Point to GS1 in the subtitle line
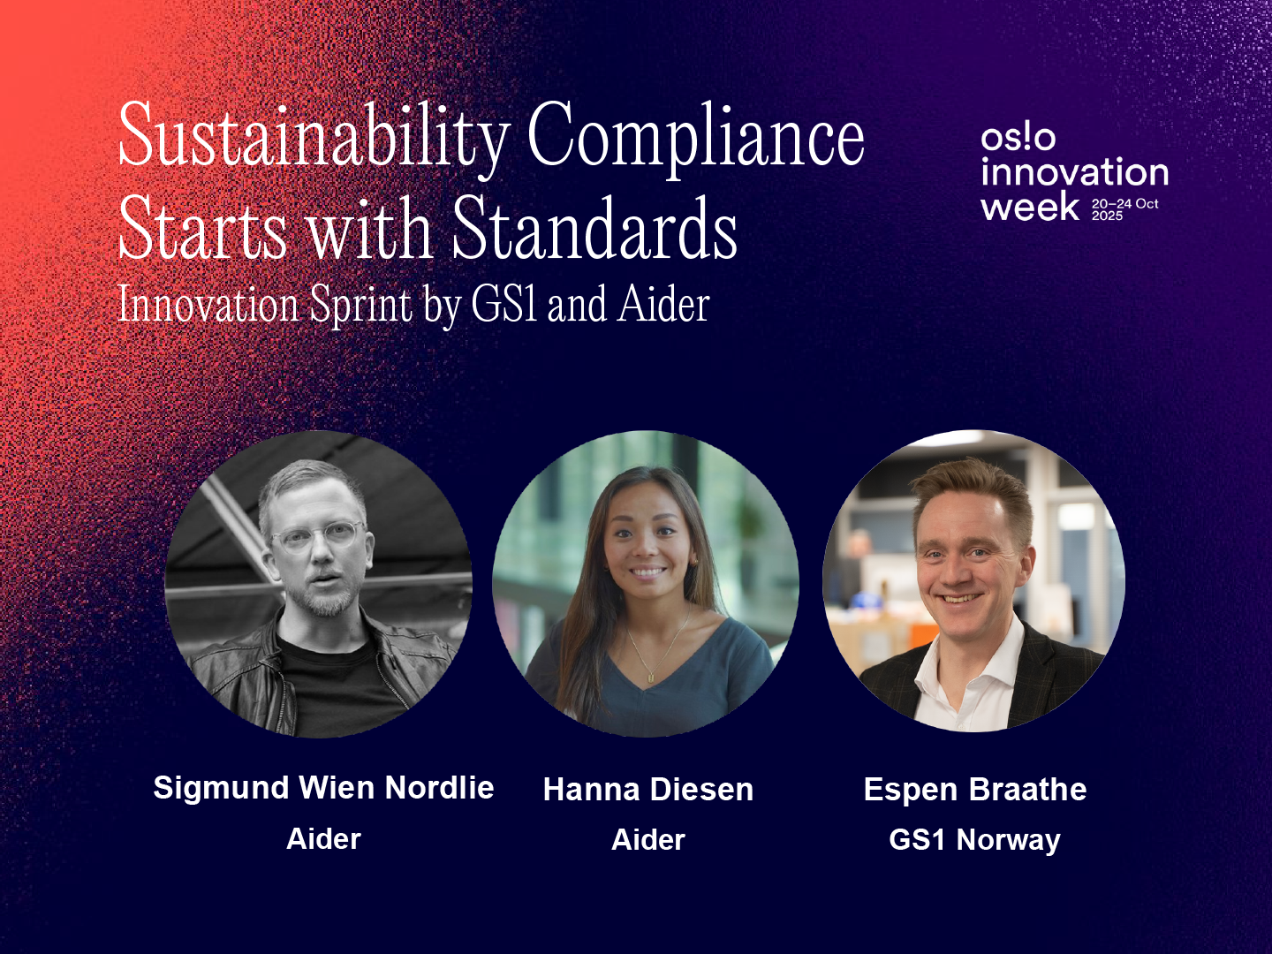point(503,304)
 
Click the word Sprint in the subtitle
point(361,306)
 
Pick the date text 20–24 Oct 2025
point(1124,209)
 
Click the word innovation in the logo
point(1075,172)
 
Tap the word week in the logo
point(1030,206)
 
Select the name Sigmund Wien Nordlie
point(323,788)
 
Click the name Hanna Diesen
point(647,789)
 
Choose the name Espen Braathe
point(974,789)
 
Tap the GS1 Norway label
point(974,840)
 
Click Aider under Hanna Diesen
point(647,839)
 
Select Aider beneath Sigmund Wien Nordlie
point(323,839)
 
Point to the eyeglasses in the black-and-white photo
point(316,537)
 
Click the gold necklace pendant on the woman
point(651,677)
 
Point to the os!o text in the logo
point(1018,139)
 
